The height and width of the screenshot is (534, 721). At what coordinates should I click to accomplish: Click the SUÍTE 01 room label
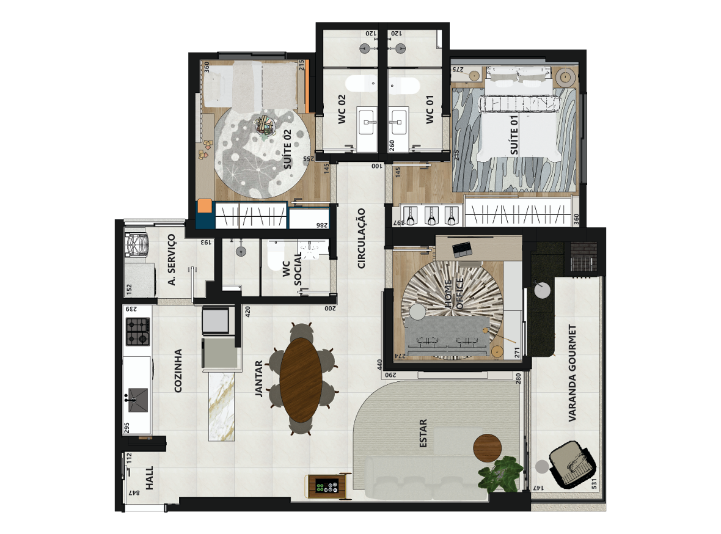[x=514, y=135]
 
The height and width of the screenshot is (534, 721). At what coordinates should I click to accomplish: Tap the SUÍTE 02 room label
[x=288, y=149]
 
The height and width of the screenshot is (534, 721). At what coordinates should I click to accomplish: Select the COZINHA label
[x=178, y=371]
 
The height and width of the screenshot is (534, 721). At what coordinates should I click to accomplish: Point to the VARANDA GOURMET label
[x=572, y=373]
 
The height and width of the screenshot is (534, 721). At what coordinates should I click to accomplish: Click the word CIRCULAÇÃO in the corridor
[x=362, y=238]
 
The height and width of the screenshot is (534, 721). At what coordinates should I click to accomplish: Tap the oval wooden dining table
[x=301, y=380]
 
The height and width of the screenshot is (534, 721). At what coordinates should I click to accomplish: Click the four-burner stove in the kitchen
[x=138, y=332]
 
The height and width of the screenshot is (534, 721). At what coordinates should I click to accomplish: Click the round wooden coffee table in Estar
[x=488, y=447]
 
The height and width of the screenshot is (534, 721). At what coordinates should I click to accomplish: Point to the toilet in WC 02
[x=362, y=85]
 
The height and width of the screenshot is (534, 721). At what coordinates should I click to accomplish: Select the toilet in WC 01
[x=404, y=86]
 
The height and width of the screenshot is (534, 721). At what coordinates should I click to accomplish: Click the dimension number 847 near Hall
[x=134, y=492]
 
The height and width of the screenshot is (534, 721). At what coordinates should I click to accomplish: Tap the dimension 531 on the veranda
[x=594, y=484]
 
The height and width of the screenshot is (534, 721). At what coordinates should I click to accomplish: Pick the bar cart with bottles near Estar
[x=327, y=486]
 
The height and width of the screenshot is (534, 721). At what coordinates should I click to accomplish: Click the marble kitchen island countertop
[x=222, y=406]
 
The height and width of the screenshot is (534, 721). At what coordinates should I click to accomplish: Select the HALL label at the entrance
[x=149, y=478]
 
